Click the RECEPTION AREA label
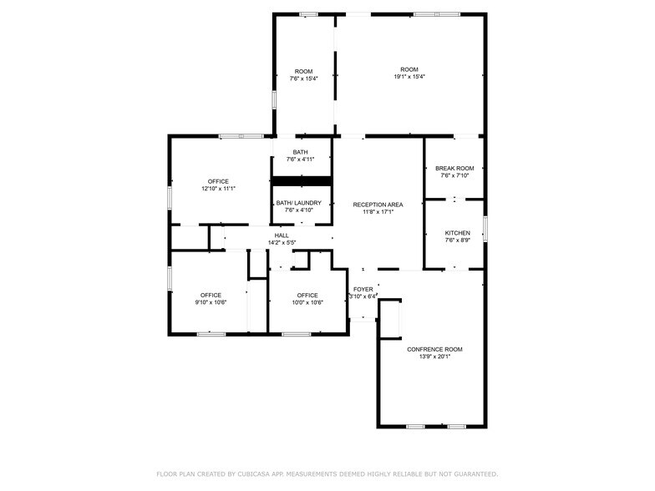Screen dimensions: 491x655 point(378,205)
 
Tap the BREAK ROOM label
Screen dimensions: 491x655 point(454,168)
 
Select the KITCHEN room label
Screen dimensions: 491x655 point(457,233)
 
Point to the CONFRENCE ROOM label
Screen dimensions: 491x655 point(434,349)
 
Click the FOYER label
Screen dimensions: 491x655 point(363,289)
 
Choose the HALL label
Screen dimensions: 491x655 point(282,235)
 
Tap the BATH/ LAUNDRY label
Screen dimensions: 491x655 point(303,203)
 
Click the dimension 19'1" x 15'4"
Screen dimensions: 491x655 point(409,77)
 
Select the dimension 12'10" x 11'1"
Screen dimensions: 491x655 point(218,189)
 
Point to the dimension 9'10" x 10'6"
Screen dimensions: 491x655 point(211,302)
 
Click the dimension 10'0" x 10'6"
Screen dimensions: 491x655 point(307,302)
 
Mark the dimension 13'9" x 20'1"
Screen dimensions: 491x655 point(434,357)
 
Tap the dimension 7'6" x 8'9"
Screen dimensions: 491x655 point(457,240)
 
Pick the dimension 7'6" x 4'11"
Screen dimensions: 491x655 point(303,159)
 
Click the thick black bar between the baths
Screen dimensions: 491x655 point(302,180)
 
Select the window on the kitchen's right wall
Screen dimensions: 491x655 point(485,229)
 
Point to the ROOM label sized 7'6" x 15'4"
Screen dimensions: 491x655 point(303,70)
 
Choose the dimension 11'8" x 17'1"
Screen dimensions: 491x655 point(378,212)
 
